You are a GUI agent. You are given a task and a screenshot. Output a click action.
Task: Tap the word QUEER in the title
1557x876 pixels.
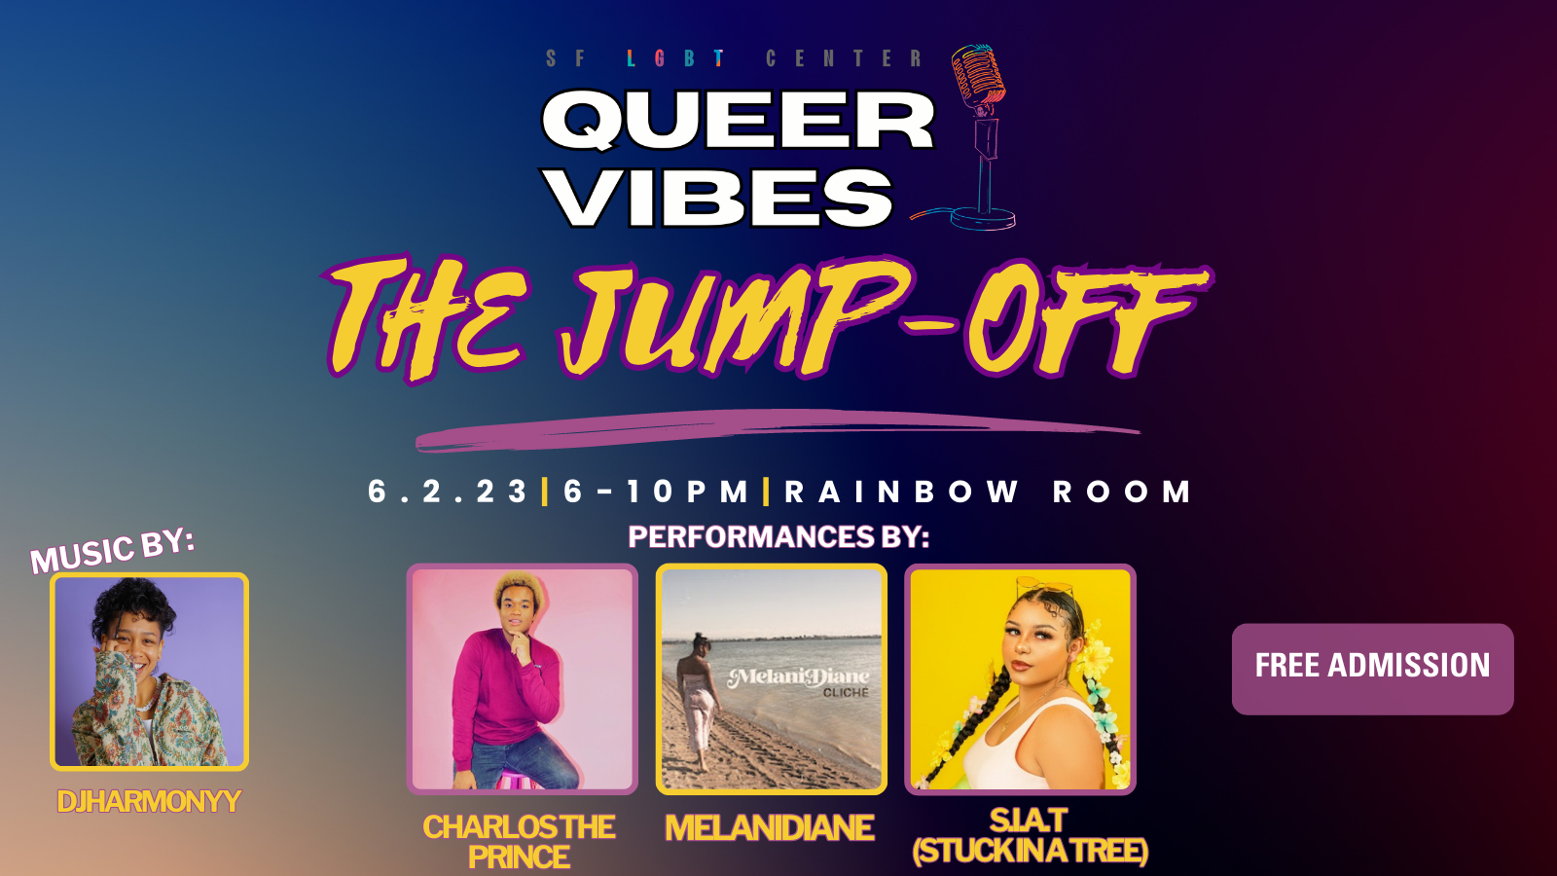pos(739,121)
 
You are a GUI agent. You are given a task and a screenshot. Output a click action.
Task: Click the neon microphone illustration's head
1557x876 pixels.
pos(978,77)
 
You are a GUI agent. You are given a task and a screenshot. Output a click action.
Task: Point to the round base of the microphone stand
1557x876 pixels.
pos(982,218)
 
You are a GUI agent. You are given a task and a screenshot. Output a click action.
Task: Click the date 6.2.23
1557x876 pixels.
pos(447,492)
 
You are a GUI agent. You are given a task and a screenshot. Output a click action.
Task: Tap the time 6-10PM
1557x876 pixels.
pos(656,492)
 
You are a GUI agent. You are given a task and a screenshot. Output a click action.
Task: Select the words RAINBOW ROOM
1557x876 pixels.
pos(988,492)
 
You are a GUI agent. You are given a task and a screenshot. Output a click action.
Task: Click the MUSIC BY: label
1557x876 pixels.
pos(112,550)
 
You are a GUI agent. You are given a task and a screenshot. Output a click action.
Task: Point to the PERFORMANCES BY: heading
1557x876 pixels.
pos(778,536)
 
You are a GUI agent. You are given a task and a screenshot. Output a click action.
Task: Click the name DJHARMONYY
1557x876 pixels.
pos(149,802)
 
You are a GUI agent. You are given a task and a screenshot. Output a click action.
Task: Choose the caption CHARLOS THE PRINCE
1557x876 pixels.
pos(520,842)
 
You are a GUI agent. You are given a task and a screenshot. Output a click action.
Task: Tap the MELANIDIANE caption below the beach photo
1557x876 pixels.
pos(770,827)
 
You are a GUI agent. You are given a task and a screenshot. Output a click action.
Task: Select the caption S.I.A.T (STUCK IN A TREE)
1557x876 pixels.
pos(1030,836)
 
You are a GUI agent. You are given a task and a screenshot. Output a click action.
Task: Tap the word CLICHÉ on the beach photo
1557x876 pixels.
pos(846,692)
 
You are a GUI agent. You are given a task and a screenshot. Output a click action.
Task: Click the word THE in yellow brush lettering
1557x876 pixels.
pos(424,320)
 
